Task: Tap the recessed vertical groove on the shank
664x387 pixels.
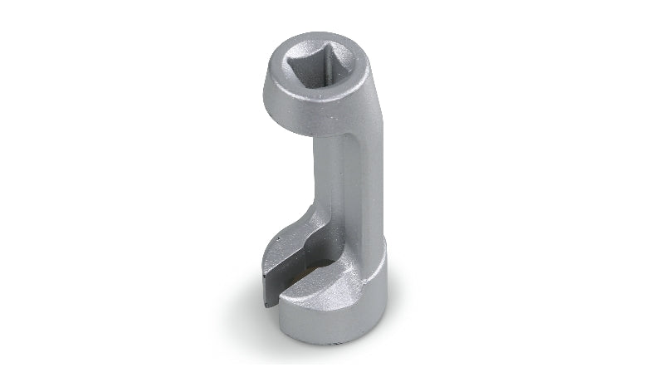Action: (339, 191)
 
